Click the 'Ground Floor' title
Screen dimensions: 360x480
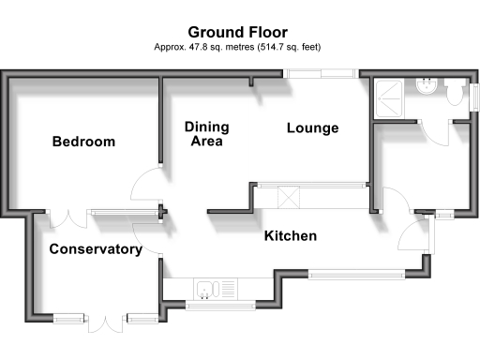(239, 32)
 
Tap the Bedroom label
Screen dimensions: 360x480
(83, 142)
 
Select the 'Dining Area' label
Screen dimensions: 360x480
(206, 134)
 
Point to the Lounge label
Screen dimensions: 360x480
(312, 128)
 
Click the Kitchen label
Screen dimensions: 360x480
(290, 236)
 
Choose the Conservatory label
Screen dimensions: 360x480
(96, 249)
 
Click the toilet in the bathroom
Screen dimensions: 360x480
(456, 92)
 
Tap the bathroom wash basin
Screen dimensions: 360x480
(427, 86)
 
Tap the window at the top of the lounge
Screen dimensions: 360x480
(320, 72)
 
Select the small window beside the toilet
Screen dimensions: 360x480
(474, 97)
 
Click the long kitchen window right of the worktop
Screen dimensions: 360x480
(357, 275)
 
